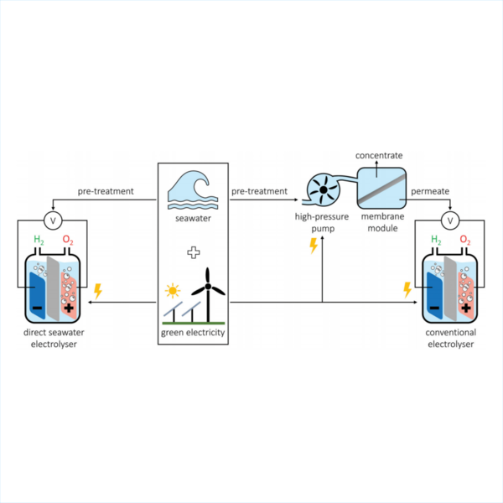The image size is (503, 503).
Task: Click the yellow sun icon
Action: tap(174, 292)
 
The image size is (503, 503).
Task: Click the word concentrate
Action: tap(379, 156)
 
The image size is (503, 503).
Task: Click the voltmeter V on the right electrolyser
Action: tap(452, 221)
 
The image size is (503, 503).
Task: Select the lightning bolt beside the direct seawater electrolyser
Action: tap(98, 291)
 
